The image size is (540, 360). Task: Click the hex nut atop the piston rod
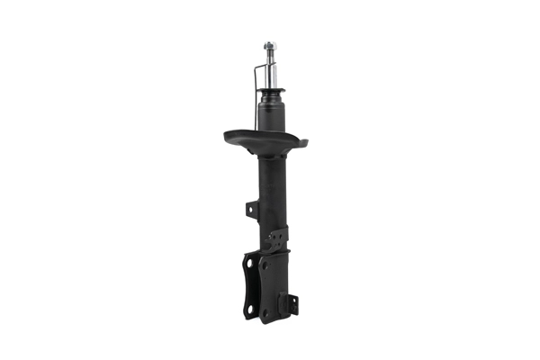269,45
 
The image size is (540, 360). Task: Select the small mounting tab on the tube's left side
252,210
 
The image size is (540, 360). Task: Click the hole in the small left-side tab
251,210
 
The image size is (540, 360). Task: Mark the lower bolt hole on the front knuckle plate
265,311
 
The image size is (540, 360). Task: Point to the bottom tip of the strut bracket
266,322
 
